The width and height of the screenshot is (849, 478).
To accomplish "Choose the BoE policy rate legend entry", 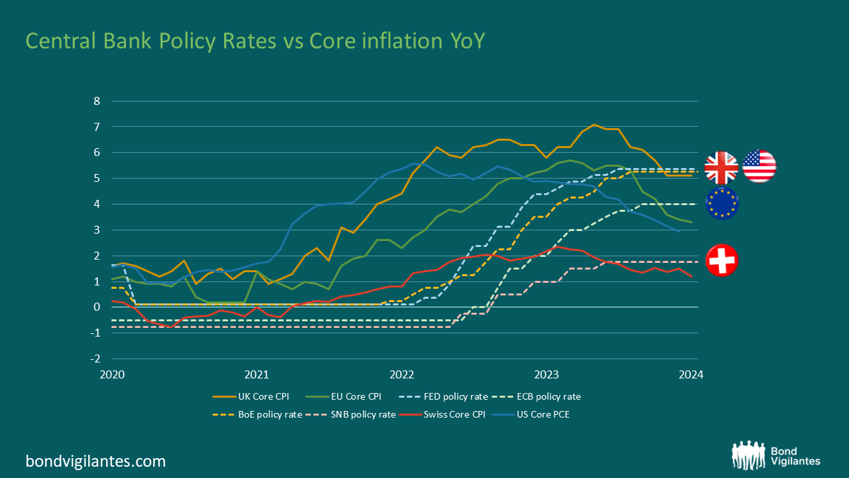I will click(257, 415).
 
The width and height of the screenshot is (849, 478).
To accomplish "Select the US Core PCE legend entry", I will click(540, 415).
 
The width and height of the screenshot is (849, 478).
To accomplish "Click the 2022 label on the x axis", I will click(402, 374).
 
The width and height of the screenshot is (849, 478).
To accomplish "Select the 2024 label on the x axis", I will click(690, 374).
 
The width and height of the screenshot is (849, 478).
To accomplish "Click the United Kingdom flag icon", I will click(721, 167).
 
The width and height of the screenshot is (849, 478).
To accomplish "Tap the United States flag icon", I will click(759, 166).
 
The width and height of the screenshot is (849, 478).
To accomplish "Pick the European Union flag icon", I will click(721, 203).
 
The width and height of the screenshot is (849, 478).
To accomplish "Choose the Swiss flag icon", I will click(722, 260).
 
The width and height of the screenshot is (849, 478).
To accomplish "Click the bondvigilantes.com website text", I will click(96, 461).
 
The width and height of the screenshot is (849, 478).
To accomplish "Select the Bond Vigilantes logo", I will click(775, 455).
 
